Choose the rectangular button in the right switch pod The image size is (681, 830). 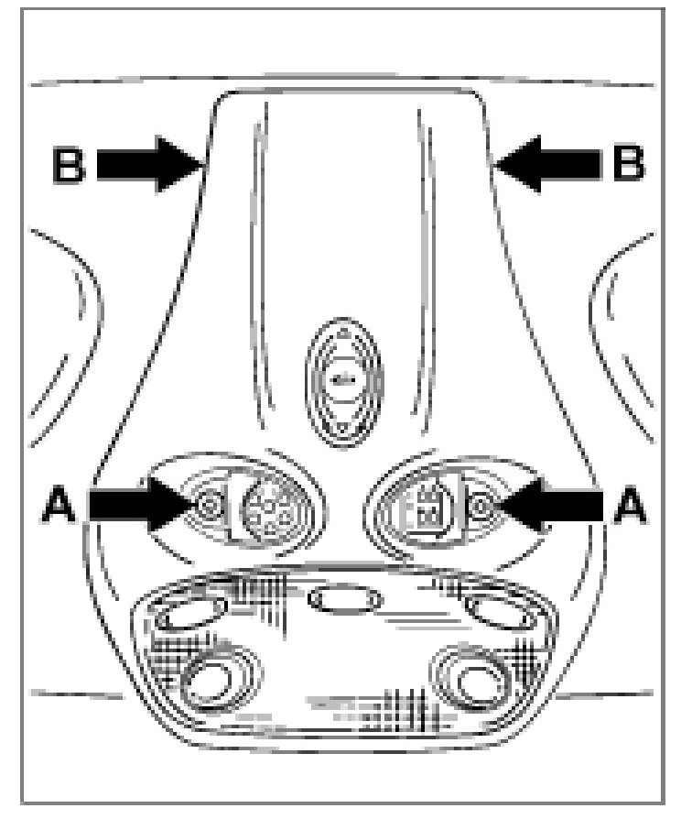click(x=422, y=503)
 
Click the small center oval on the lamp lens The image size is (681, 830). click(x=345, y=601)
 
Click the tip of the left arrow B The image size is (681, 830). click(x=200, y=165)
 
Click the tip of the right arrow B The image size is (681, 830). click(x=492, y=165)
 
